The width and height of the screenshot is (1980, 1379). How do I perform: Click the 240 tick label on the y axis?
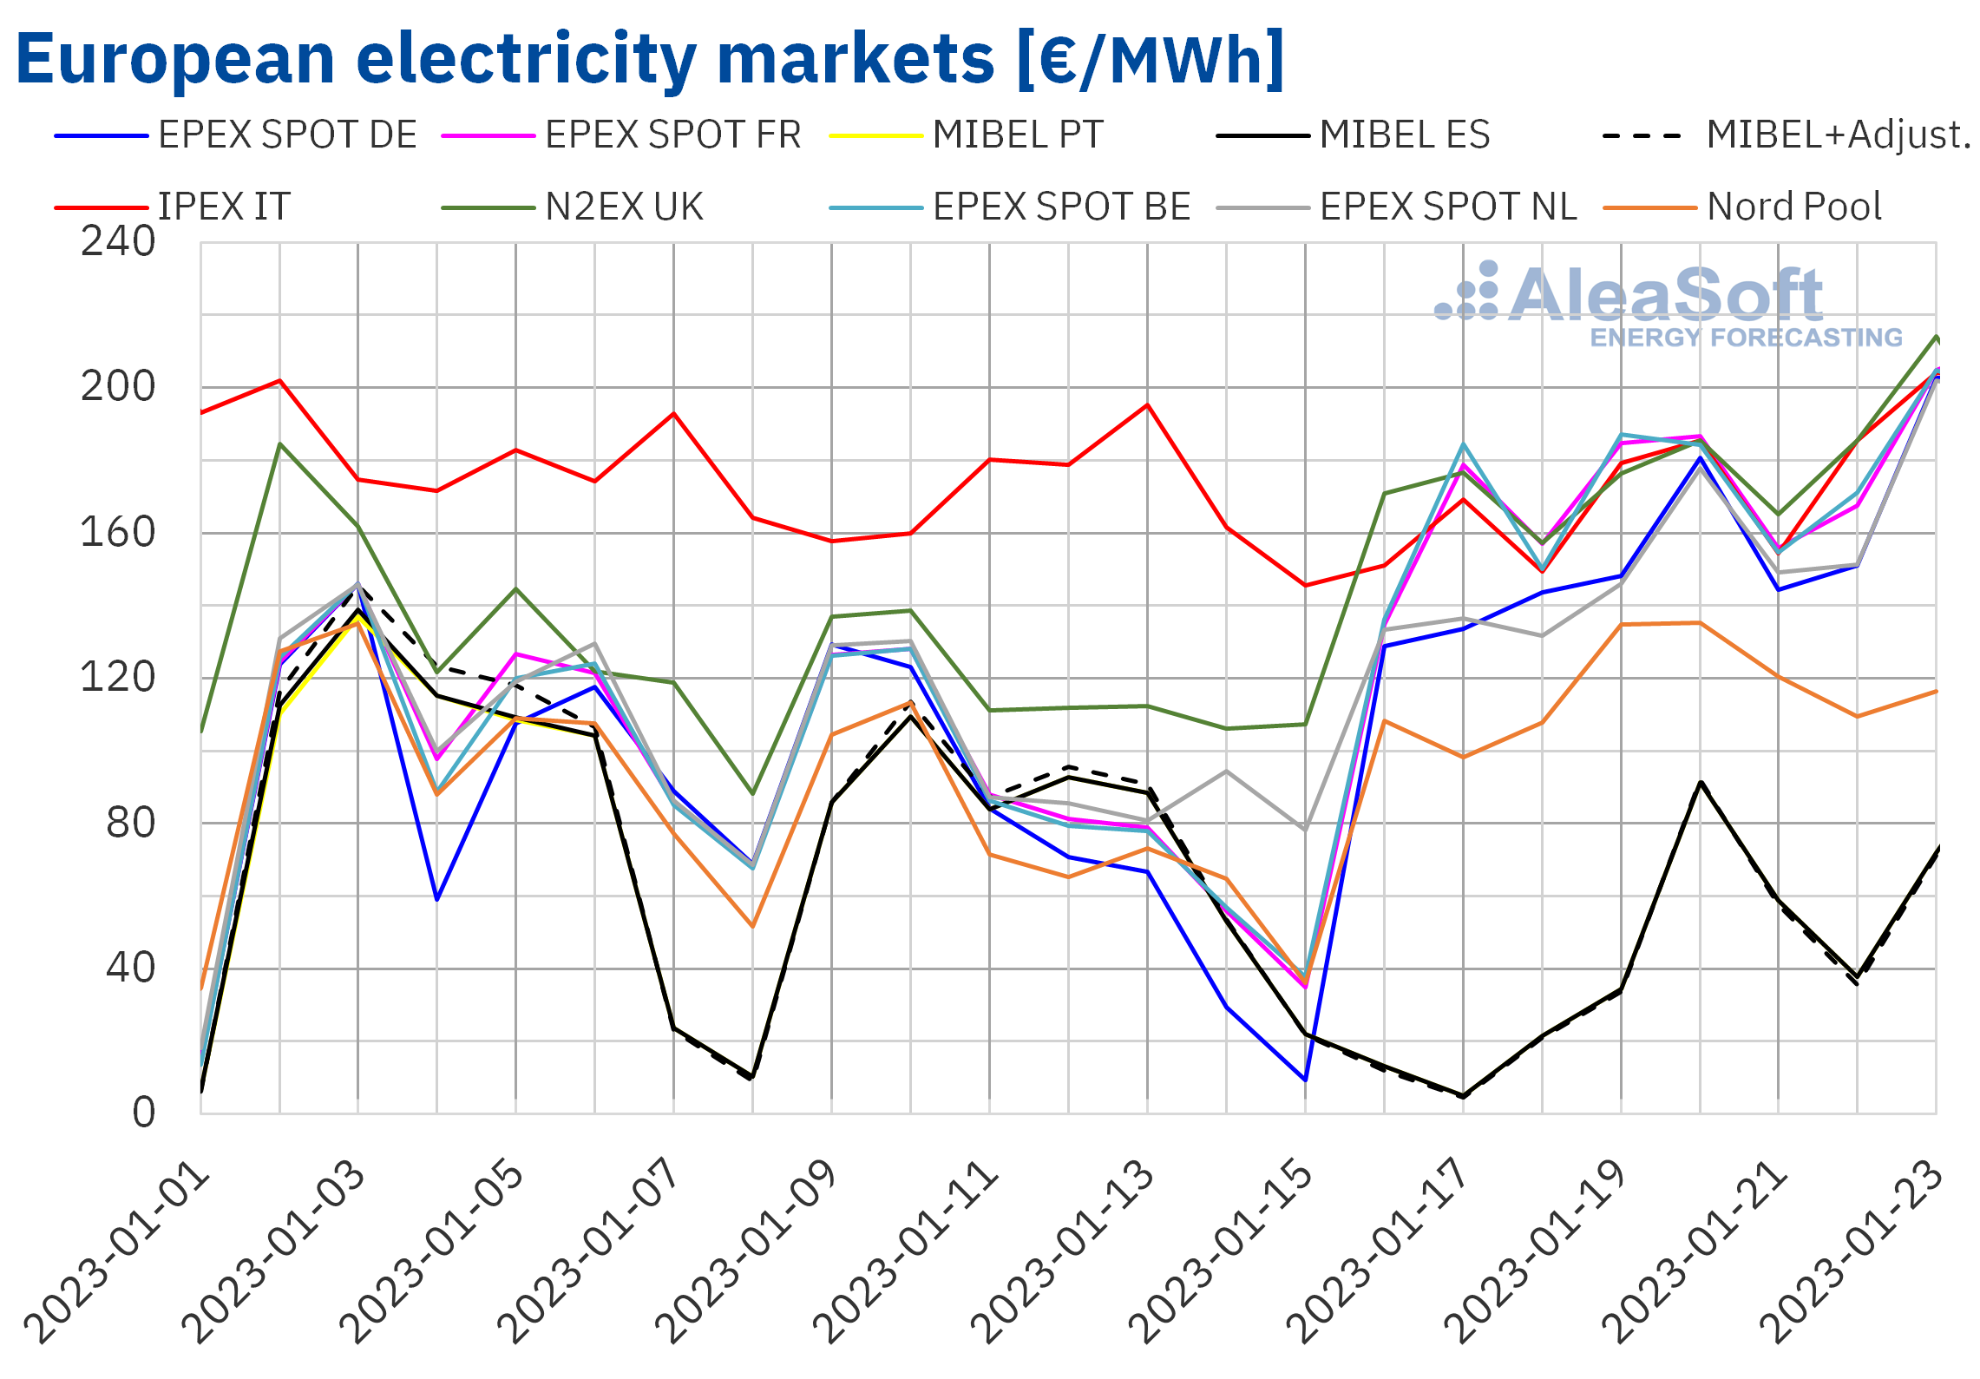pos(118,242)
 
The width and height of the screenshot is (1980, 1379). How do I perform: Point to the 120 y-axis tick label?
pos(118,678)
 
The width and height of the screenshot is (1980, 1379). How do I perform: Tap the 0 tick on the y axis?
pos(144,1113)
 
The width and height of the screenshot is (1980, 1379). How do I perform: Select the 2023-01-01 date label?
pos(117,1254)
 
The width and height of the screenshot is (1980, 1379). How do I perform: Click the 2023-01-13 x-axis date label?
pos(1064,1254)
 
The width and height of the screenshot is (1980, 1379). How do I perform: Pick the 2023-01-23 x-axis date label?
pos(1852,1254)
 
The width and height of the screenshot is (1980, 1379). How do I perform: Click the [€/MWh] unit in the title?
pos(1151,59)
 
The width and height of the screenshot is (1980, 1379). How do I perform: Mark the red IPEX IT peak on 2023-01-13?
pos(1147,405)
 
